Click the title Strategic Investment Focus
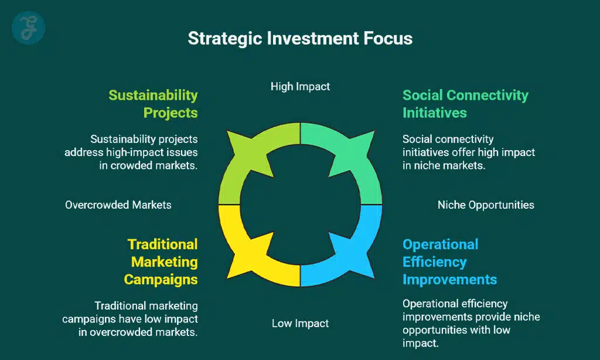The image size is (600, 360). click(300, 38)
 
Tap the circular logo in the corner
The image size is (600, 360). click(28, 28)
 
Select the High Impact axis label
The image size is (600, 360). click(300, 87)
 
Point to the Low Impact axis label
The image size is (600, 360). click(300, 324)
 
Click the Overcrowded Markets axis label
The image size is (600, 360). click(118, 205)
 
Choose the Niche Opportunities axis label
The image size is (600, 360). click(486, 205)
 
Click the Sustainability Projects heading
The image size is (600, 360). click(153, 104)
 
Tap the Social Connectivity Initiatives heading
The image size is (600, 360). click(465, 104)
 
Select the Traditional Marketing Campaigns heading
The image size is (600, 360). click(161, 262)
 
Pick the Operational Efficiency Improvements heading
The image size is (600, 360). click(449, 262)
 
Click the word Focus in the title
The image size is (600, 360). click(388, 38)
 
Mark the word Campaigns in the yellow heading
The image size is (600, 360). click(161, 280)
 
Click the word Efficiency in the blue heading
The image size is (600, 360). click(434, 262)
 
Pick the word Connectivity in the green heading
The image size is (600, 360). click(487, 95)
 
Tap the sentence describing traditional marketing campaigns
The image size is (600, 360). click(130, 319)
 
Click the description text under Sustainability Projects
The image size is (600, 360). click(131, 152)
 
